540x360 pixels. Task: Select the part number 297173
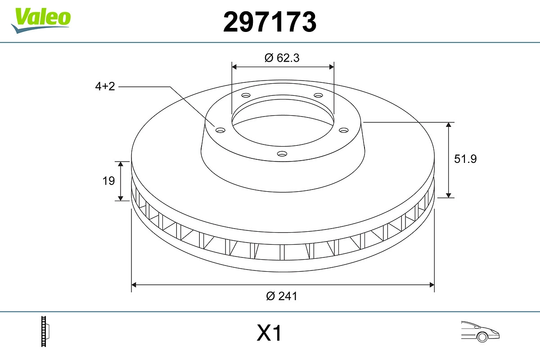(x=270, y=22)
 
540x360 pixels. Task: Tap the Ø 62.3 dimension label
(x=282, y=58)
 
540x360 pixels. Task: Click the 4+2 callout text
(x=105, y=86)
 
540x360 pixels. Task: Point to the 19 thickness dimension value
(x=108, y=181)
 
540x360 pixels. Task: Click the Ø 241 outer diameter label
(x=282, y=296)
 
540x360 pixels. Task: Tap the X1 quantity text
(x=269, y=334)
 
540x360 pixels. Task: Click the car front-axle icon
(x=480, y=331)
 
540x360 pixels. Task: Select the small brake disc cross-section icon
(x=45, y=331)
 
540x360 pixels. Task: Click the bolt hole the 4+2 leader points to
(x=220, y=130)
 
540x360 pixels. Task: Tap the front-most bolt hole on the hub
(x=282, y=154)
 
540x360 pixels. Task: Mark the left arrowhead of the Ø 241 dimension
(x=134, y=284)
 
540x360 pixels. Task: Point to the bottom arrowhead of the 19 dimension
(x=121, y=198)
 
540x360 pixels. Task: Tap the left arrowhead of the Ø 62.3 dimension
(x=234, y=67)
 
